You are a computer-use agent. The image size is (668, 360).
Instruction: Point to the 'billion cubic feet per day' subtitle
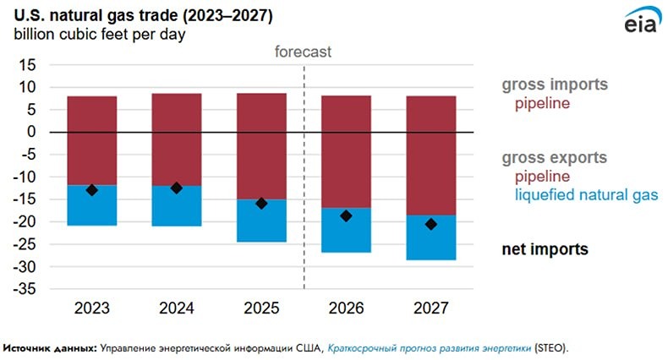pos(98,35)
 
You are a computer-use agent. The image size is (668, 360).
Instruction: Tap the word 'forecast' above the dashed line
pos(304,52)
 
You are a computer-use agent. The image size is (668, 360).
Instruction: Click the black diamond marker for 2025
pos(261,203)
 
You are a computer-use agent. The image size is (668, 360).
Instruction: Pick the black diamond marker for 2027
pos(431,224)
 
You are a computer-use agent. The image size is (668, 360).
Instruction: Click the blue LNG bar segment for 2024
pos(177,206)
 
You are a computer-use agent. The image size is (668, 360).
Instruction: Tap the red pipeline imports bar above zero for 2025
pos(261,112)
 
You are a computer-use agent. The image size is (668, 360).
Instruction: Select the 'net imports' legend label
pos(545,249)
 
